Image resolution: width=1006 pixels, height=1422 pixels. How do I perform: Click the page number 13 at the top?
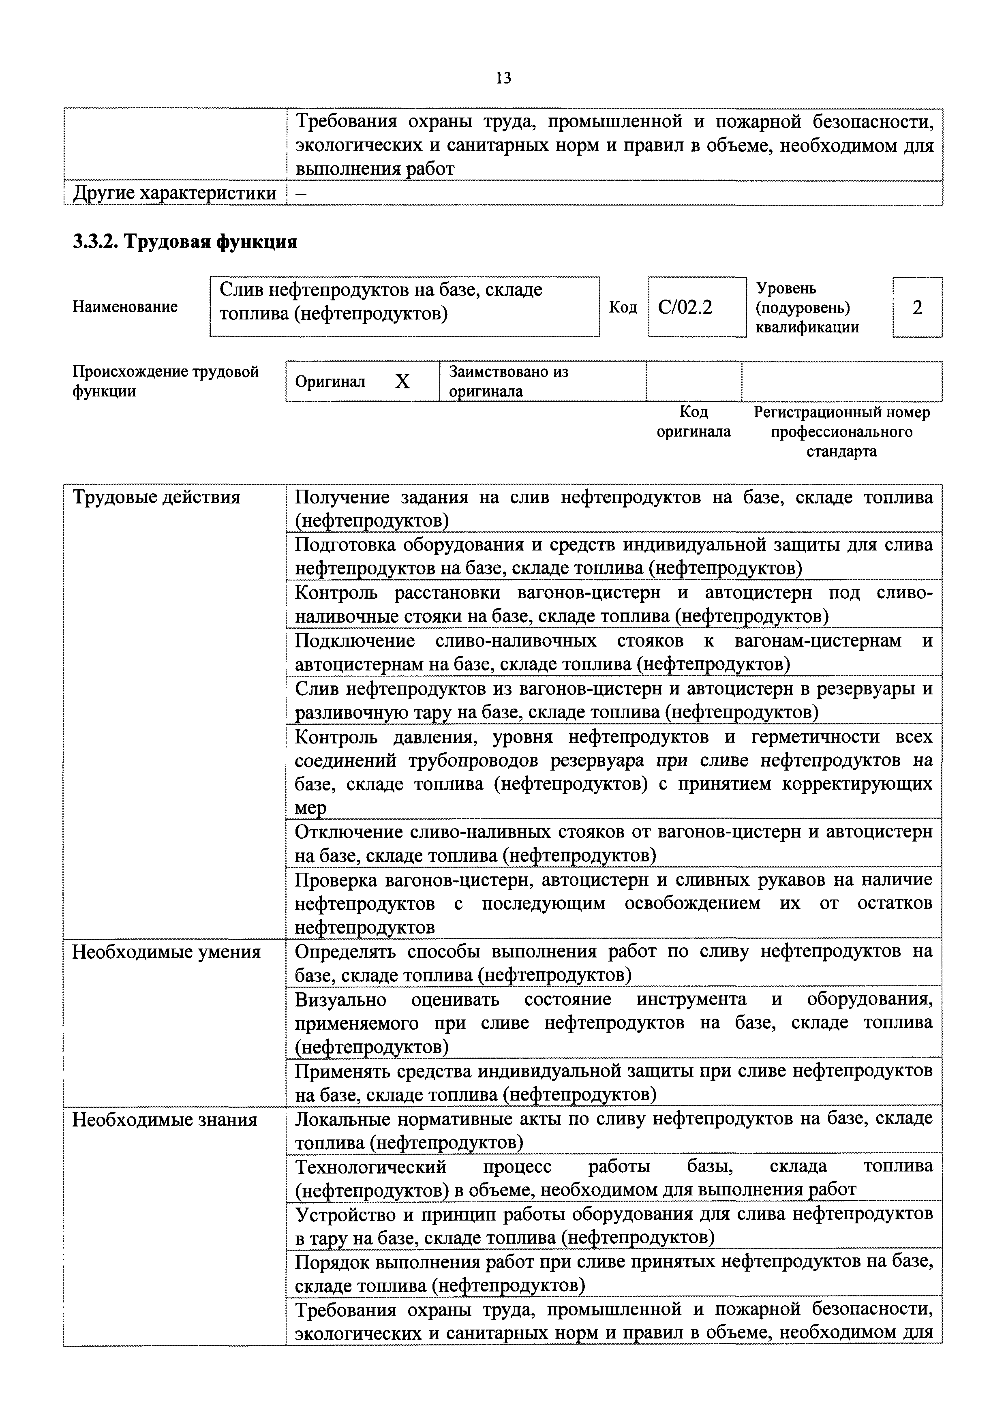coord(503,78)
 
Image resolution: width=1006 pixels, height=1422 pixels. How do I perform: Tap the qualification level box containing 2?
coord(917,307)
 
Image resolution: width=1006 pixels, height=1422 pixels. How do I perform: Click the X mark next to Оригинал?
coord(402,381)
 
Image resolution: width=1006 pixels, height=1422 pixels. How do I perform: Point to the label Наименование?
coord(125,306)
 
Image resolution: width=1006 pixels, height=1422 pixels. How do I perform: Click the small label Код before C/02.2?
coord(623,307)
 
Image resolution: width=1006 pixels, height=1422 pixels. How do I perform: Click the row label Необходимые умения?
coord(166,952)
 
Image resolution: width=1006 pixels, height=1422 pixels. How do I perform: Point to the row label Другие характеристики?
coord(175,193)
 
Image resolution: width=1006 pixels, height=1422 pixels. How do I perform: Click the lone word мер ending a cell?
coord(310,808)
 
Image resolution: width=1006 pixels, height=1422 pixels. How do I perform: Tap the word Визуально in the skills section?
coord(340,1000)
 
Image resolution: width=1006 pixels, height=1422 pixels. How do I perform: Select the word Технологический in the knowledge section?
coord(370,1167)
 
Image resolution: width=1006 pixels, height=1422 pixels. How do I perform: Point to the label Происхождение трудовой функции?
coord(165,381)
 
